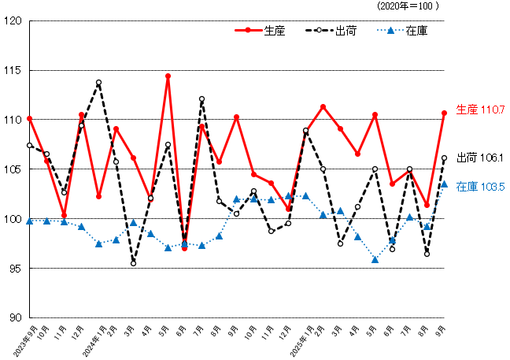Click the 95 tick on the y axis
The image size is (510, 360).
point(13,268)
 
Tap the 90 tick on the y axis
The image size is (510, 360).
point(13,317)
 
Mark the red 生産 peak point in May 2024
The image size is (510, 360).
point(168,76)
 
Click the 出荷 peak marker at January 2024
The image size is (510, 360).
point(98,83)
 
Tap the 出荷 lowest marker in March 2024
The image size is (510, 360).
point(133,263)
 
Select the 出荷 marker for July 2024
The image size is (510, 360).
point(202,99)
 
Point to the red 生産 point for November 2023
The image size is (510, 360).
point(64,215)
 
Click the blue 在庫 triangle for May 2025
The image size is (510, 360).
point(375,259)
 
